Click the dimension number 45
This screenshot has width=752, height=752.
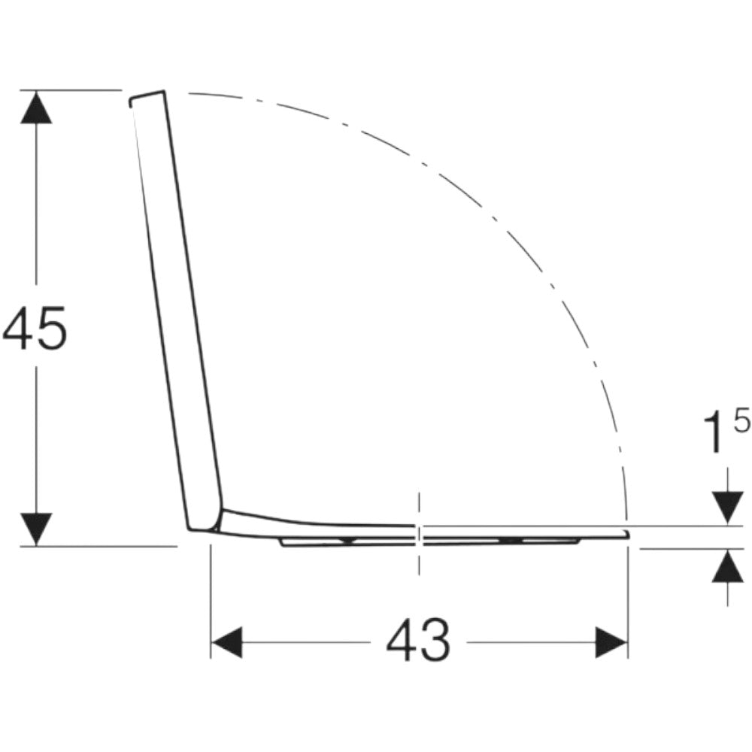(x=35, y=329)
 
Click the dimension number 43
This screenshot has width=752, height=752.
(x=418, y=641)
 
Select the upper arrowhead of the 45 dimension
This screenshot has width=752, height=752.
(x=36, y=107)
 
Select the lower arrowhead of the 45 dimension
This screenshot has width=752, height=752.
(x=36, y=529)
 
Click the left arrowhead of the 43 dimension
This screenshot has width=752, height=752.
(x=226, y=641)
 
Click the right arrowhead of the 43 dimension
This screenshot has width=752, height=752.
(x=611, y=641)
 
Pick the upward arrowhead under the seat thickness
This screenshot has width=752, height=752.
(x=728, y=566)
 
